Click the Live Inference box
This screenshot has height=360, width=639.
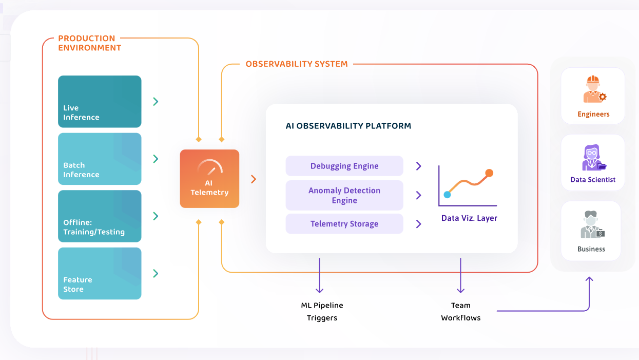tap(100, 101)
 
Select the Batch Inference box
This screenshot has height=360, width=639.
tap(100, 159)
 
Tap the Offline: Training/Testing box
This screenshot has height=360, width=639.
tap(100, 216)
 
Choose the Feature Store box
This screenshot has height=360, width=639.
tap(100, 274)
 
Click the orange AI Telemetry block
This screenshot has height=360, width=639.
tap(209, 179)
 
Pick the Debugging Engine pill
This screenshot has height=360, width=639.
tap(344, 166)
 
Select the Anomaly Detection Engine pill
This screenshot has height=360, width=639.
tap(344, 195)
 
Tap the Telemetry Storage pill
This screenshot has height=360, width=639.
tap(344, 224)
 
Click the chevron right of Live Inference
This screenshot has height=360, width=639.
tap(156, 101)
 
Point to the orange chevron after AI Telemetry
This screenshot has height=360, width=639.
tap(254, 179)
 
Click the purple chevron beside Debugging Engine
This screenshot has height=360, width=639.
tap(418, 166)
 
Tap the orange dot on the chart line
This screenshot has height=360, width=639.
tap(489, 173)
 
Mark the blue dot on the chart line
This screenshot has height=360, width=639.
tap(447, 195)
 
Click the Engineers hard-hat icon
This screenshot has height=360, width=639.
tap(594, 89)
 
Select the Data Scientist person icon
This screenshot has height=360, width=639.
tap(594, 158)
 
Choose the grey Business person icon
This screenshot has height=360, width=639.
tap(592, 224)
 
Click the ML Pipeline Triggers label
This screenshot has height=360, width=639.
tap(322, 311)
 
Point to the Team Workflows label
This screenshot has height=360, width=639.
tap(461, 311)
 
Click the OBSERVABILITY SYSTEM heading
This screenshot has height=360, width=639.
tap(297, 64)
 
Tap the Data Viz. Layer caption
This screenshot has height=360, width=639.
tap(469, 218)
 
